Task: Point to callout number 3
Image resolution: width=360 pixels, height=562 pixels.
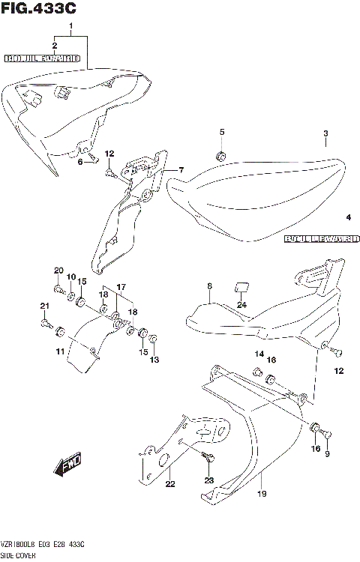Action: [x=325, y=134]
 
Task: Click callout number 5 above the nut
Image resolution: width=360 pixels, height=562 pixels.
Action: [x=221, y=133]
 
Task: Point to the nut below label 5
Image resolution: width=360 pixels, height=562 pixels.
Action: [x=221, y=156]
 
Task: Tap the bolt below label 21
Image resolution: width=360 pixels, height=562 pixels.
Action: [x=47, y=324]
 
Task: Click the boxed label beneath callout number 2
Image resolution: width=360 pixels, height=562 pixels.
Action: [x=42, y=57]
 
